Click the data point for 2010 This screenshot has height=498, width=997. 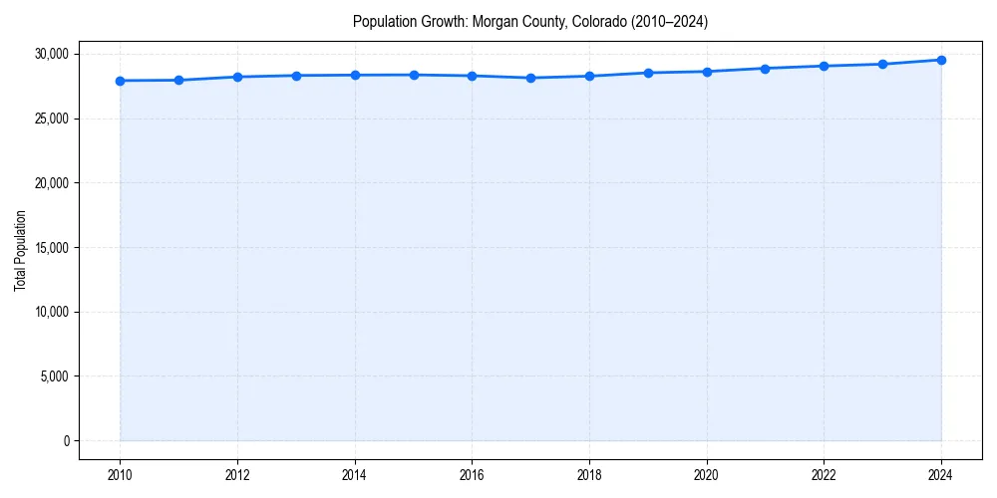click(120, 81)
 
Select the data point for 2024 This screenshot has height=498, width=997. click(941, 60)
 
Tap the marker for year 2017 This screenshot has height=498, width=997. click(530, 78)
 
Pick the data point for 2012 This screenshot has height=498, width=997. click(237, 77)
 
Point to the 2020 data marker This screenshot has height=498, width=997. click(707, 72)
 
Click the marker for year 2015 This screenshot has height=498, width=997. click(414, 75)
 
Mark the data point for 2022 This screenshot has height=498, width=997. click(824, 66)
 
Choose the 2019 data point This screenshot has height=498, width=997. click(648, 73)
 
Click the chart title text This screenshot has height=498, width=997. click(530, 22)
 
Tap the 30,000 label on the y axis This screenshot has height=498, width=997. click(53, 54)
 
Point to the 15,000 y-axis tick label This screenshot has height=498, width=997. click(53, 247)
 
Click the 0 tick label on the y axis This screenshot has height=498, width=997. click(67, 440)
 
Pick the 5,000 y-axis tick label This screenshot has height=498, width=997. click(56, 376)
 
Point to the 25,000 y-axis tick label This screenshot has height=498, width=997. click(53, 119)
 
